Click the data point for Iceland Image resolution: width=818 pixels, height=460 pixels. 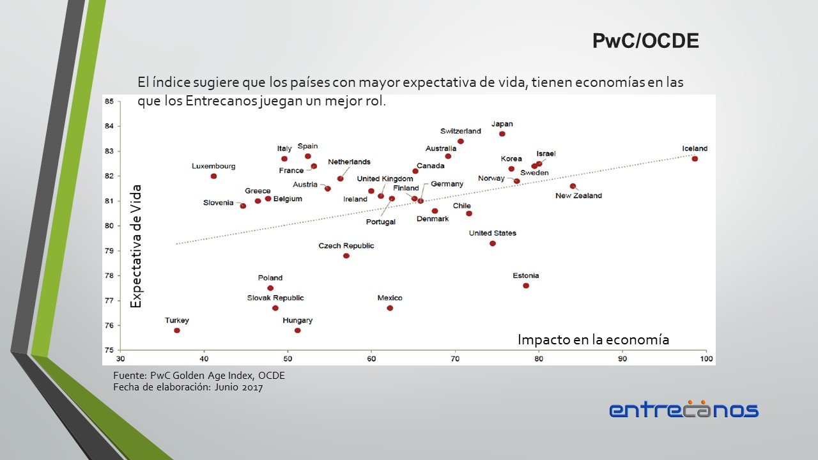point(695,158)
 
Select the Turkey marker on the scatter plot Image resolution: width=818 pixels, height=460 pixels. point(177,330)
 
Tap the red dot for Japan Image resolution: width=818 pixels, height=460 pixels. point(502,134)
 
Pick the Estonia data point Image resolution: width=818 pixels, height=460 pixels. point(526,286)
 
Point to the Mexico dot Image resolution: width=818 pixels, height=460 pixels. point(390,308)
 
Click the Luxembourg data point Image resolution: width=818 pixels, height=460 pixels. point(213,176)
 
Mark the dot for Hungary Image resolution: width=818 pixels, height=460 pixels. point(298,330)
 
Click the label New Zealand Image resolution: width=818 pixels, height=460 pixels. point(578,195)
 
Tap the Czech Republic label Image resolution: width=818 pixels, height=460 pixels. point(346,246)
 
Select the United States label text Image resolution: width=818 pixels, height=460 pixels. point(493,233)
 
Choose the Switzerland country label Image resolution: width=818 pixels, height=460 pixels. point(461,131)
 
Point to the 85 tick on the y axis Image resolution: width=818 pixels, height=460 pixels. point(109,102)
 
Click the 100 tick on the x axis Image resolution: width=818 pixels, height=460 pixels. point(706,359)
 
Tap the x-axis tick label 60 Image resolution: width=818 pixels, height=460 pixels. point(371,359)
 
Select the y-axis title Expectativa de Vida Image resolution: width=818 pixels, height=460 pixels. point(135,247)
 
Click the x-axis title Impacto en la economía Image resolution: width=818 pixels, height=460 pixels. point(593,340)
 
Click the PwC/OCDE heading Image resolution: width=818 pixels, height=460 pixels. point(645,42)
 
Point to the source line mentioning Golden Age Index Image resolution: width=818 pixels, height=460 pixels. point(199,376)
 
